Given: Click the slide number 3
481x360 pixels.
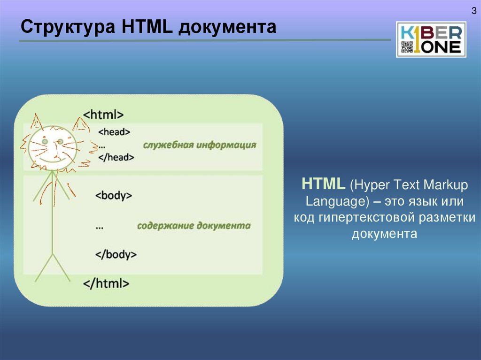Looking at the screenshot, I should click(474, 11).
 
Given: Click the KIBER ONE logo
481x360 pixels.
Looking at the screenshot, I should click(431, 39).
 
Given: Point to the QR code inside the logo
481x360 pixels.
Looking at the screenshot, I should click(406, 47).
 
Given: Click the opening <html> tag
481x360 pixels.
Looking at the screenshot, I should click(103, 114).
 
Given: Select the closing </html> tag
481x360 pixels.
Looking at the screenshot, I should click(106, 283).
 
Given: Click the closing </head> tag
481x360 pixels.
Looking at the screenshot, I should click(116, 158).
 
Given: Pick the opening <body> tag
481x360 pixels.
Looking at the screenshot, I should click(113, 195).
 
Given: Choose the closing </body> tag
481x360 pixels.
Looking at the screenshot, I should click(116, 254).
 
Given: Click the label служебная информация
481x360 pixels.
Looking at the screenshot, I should click(200, 145).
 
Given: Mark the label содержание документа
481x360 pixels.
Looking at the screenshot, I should click(194, 226).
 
